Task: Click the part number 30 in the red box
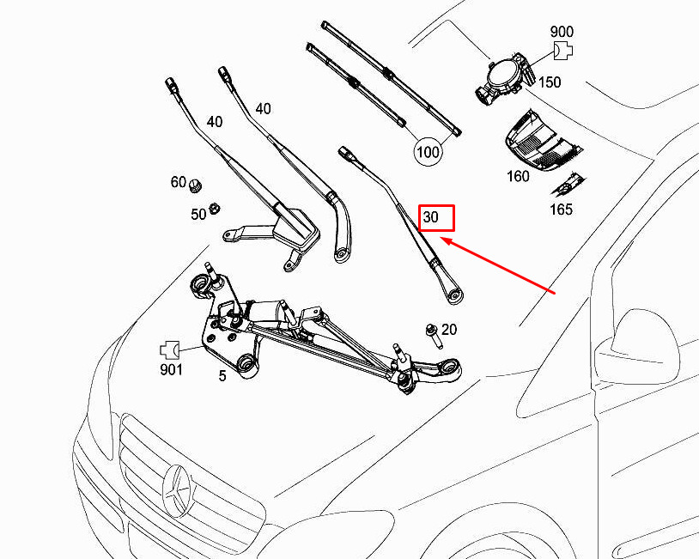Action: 430,217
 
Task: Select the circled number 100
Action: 428,152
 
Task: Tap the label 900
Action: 562,32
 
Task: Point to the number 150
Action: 550,82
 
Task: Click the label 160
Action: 518,177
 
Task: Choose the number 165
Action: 561,209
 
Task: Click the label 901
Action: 171,369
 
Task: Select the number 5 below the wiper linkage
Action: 222,376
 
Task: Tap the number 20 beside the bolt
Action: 449,330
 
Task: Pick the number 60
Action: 179,182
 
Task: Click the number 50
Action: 198,215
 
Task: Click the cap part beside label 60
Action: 195,186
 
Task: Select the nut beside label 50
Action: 215,208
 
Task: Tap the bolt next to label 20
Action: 434,336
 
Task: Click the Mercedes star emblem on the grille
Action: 177,492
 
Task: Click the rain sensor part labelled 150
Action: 504,79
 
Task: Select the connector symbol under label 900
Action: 562,51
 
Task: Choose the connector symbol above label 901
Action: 169,350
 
